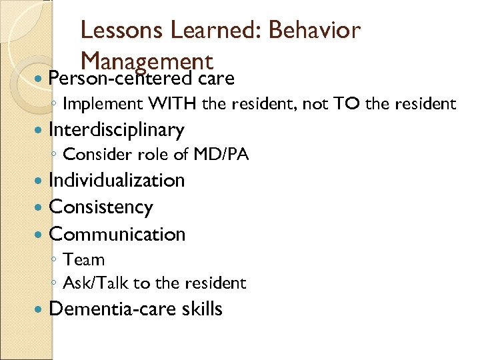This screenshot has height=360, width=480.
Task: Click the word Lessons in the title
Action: click(x=121, y=30)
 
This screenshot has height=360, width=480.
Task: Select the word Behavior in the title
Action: click(x=314, y=30)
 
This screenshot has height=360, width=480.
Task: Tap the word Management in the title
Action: click(x=146, y=61)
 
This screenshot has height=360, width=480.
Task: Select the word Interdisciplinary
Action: click(x=117, y=129)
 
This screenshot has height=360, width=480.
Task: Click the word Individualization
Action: click(x=117, y=180)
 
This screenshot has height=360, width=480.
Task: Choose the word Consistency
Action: click(x=101, y=207)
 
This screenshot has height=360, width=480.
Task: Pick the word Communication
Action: click(x=117, y=234)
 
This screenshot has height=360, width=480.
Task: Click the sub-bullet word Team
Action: click(x=83, y=259)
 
